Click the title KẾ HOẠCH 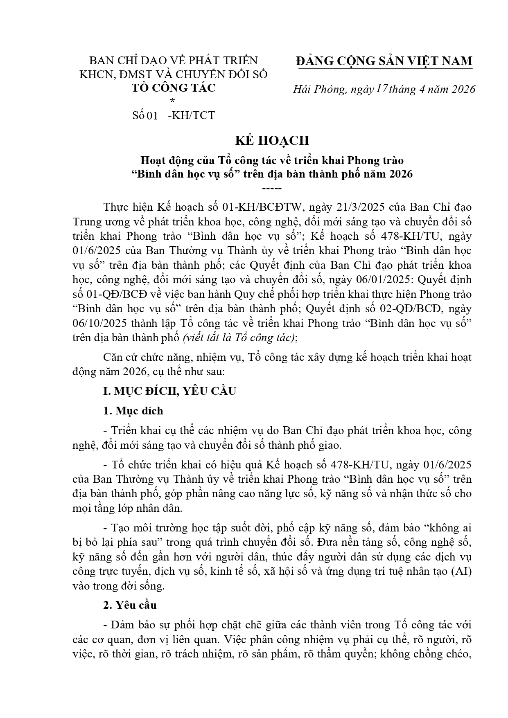271,140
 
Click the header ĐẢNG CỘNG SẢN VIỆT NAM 384,61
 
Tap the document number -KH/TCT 191,115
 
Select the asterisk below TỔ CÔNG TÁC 172,101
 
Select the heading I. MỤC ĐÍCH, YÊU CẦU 169,391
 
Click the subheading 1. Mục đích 133,411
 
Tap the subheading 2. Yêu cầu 130,605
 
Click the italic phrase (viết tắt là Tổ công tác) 239,338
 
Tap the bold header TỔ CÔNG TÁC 173,88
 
